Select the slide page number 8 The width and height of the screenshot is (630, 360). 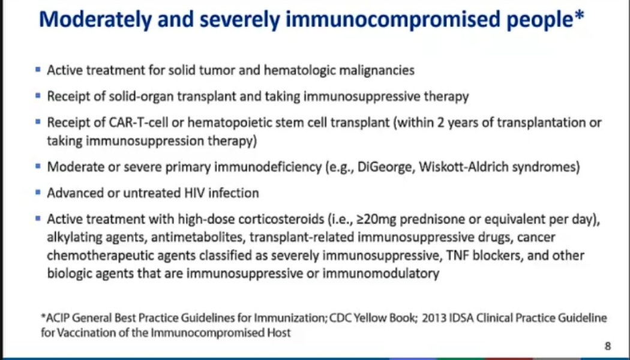pos(608,346)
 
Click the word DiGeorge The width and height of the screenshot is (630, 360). pos(383,167)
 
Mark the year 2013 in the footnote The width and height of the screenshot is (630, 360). pos(434,317)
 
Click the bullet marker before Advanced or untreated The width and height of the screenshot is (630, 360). pos(38,193)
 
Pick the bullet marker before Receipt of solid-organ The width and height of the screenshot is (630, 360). pos(38,96)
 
